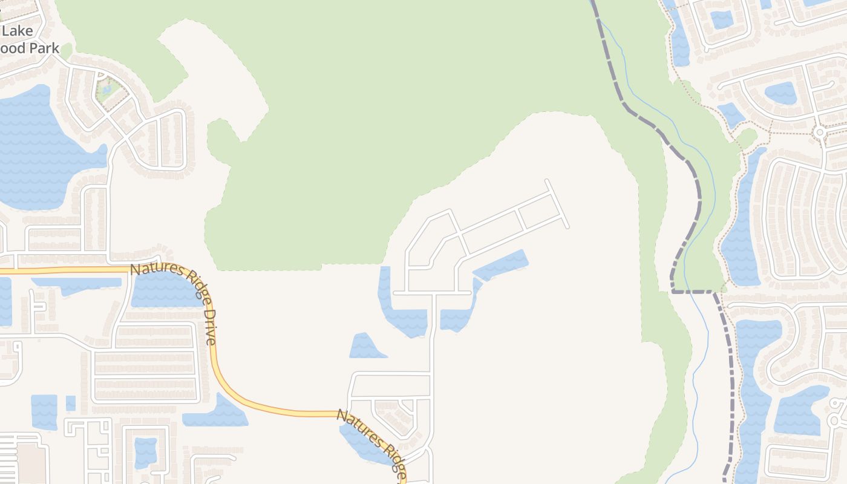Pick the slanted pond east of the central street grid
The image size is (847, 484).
(501, 265)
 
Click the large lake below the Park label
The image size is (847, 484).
(36, 151)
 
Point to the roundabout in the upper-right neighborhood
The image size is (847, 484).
(820, 131)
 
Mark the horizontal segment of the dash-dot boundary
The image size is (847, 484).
(693, 292)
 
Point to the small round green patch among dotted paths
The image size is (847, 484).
(747, 138)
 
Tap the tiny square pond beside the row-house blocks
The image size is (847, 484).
(71, 403)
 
